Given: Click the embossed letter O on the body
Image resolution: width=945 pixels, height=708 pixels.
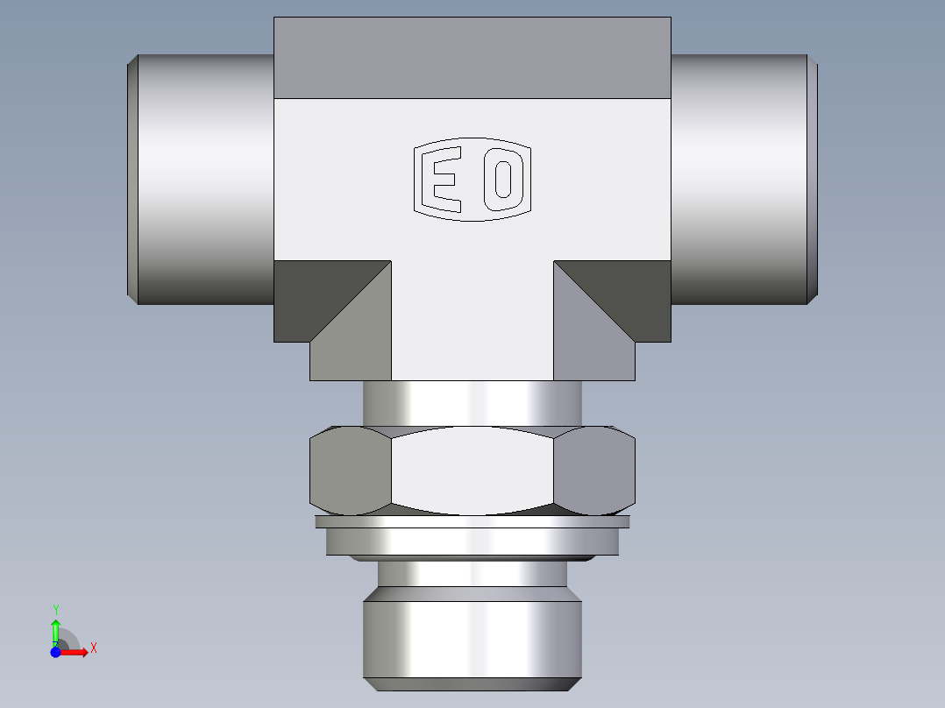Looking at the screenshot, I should [x=503, y=180].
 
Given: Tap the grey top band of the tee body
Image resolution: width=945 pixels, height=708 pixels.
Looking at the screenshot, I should [x=472, y=58].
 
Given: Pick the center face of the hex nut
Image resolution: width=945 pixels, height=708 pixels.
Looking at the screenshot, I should [x=472, y=470].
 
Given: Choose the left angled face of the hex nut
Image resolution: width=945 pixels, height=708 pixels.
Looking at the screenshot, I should [x=350, y=471].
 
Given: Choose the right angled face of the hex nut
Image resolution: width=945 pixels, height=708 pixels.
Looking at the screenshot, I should [x=594, y=471].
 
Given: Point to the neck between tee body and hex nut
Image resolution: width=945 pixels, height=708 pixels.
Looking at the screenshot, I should [x=472, y=403].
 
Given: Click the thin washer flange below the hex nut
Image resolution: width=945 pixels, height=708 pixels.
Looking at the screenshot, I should [x=472, y=522].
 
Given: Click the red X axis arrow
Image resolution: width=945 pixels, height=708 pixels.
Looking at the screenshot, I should [x=77, y=652].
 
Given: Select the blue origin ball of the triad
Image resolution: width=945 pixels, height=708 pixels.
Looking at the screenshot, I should [x=55, y=652].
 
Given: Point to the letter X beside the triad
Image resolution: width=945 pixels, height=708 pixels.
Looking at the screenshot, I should [x=94, y=648].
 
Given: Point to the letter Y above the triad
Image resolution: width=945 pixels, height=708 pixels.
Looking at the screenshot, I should [x=55, y=609].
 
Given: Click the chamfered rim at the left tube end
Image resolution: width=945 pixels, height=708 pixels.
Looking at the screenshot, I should [x=131, y=180].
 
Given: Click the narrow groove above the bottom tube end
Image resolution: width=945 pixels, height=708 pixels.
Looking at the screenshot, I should [x=472, y=573].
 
